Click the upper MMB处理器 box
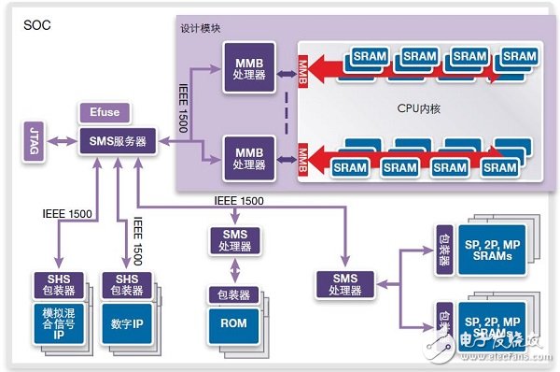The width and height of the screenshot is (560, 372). click(x=248, y=73)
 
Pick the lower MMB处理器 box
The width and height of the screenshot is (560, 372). click(x=248, y=155)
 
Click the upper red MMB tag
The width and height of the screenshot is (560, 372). click(x=301, y=69)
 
